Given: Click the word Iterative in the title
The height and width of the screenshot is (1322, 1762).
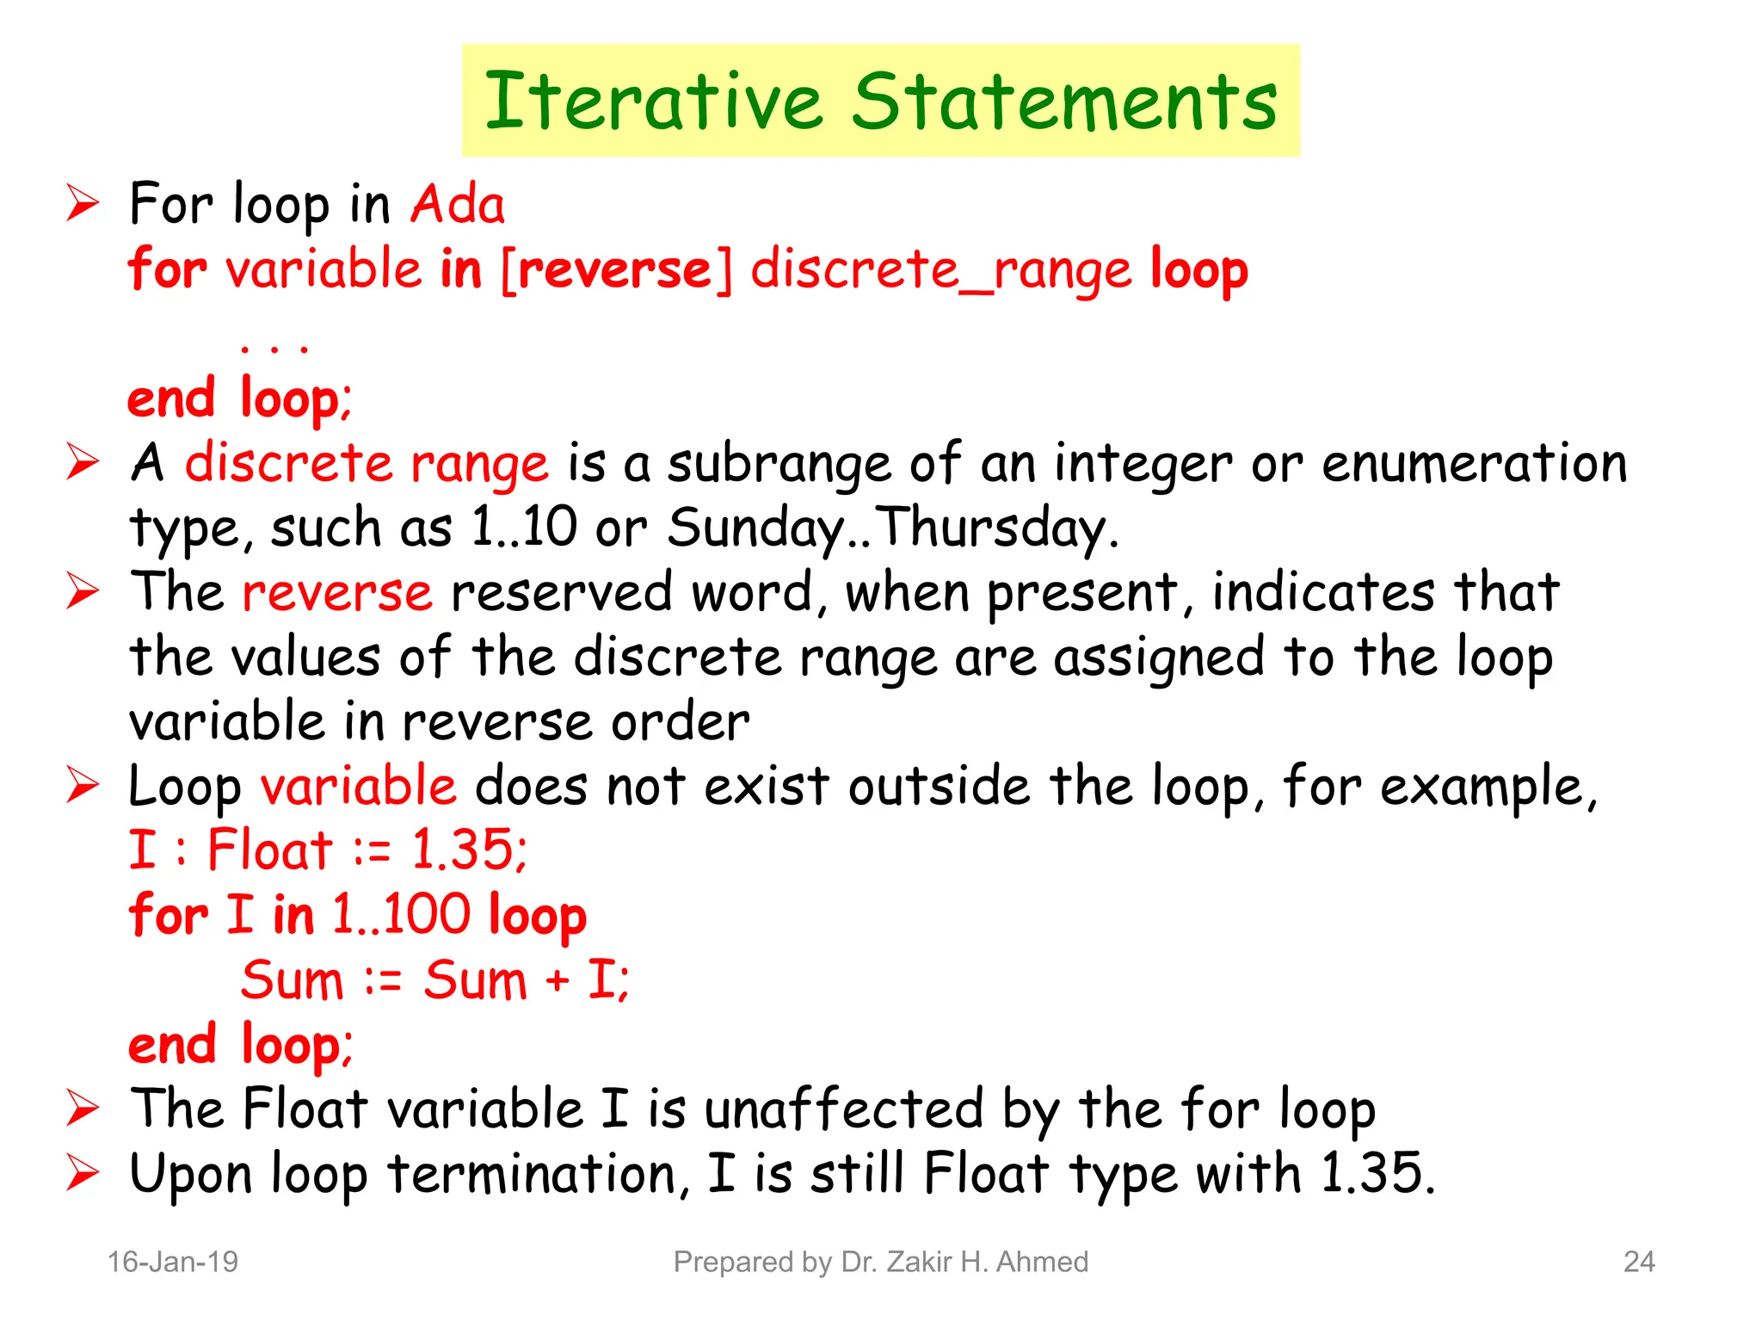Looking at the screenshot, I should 654,102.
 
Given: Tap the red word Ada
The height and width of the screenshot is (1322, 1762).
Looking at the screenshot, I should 458,205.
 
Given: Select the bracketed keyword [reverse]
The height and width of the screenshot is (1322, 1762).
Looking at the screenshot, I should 616,269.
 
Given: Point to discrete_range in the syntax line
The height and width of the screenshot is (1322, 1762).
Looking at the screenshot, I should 940,270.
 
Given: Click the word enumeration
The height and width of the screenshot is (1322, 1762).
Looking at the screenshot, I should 1474,463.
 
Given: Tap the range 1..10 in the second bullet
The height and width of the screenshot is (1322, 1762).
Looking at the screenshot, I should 524,527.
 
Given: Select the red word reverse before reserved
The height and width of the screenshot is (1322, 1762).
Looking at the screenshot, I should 337,592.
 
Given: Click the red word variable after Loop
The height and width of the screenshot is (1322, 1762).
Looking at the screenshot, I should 358,786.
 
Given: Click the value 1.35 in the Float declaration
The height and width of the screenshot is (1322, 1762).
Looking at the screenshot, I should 467,850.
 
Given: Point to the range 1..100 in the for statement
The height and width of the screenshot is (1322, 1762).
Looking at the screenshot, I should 400,914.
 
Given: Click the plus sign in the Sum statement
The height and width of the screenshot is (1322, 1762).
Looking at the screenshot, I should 557,980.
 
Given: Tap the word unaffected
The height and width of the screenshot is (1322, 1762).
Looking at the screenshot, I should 843,1109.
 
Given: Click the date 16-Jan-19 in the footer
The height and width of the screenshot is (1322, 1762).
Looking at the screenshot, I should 172,1262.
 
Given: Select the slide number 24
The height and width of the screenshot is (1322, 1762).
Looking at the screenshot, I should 1639,1262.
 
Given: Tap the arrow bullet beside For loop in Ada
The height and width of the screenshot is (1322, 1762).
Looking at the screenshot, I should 83,205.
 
